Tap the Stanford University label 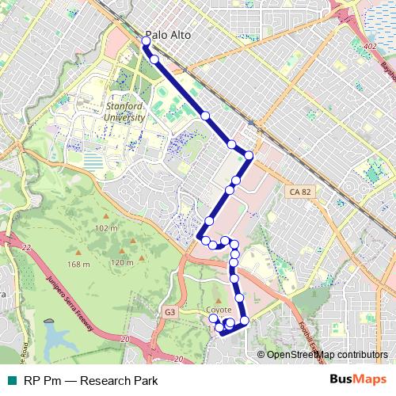pos(125,112)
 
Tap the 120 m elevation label pos(122,262)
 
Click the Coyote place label pos(219,310)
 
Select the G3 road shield pos(170,313)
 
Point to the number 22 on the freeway pos(26,248)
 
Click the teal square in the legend pos(12,381)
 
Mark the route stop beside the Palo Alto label pos(146,40)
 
